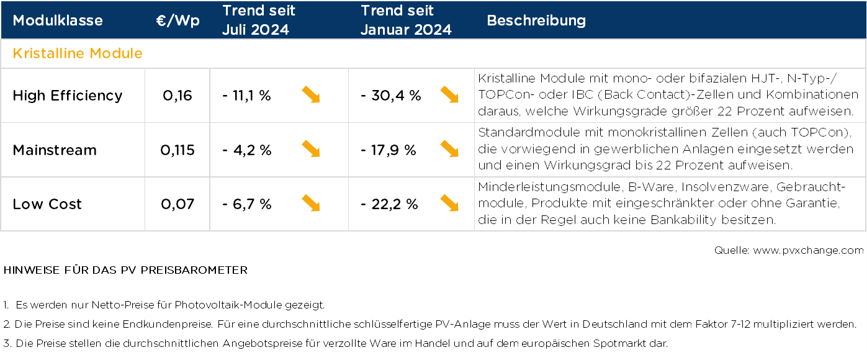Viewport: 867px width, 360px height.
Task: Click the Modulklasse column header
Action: (x=58, y=20)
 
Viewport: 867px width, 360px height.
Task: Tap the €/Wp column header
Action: (x=177, y=20)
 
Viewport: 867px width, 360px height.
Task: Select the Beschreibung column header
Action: (x=536, y=20)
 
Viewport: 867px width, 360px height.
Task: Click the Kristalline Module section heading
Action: (x=78, y=53)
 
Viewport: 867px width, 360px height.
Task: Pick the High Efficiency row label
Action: (x=68, y=96)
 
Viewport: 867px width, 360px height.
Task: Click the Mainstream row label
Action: (x=55, y=150)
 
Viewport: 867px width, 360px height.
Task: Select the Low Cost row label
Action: (x=47, y=204)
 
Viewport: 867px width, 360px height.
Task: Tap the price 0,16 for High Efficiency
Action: (x=177, y=96)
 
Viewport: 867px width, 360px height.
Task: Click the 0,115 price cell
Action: (x=177, y=150)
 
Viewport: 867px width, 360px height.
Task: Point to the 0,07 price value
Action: (x=177, y=204)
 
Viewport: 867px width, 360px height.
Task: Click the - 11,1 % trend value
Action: (x=246, y=96)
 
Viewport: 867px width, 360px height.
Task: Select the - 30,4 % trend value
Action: (x=390, y=96)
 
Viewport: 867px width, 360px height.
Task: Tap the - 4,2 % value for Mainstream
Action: (x=246, y=150)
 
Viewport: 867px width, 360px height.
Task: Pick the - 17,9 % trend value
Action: (x=388, y=150)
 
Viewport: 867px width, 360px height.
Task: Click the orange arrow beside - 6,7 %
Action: (x=311, y=203)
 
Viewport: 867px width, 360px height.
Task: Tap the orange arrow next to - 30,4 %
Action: (x=449, y=94)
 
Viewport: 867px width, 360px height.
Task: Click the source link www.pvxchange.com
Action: (x=808, y=251)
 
